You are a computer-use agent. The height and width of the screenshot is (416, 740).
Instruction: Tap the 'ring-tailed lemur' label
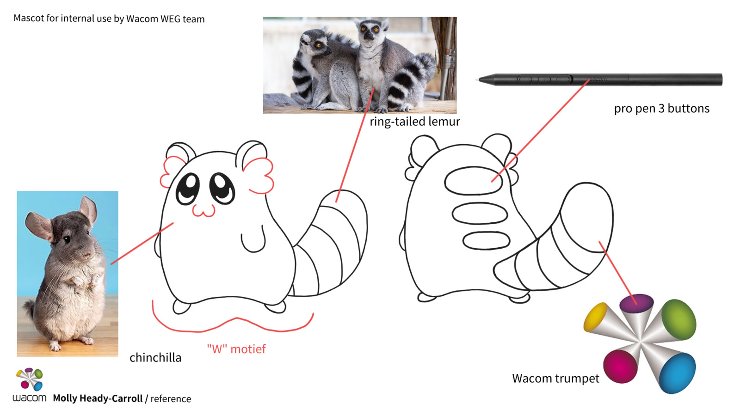414,122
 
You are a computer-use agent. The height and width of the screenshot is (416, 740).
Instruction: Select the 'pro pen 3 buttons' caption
661,109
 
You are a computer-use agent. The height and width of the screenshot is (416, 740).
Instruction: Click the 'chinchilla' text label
155,357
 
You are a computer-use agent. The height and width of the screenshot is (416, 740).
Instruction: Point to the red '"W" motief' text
236,349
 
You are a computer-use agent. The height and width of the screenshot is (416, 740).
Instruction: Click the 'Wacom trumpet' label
555,378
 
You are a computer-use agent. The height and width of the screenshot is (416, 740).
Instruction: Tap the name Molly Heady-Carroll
98,398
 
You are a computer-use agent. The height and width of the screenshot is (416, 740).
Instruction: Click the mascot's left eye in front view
188,188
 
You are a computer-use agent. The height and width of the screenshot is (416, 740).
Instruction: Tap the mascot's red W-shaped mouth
203,210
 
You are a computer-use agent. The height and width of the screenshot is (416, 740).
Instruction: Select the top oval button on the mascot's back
473,181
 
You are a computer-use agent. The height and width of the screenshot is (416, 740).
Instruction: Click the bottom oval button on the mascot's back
486,240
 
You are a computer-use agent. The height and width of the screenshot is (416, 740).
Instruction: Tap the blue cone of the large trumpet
678,373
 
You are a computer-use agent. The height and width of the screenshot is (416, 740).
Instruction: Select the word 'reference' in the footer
171,399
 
